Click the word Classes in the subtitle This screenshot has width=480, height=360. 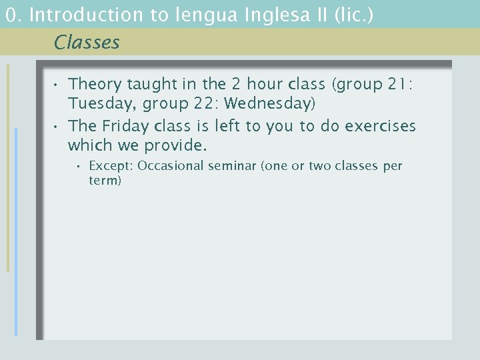[x=87, y=43]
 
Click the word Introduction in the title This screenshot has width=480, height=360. [x=87, y=15]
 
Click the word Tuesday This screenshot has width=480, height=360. [x=99, y=104]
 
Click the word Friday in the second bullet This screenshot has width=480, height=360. [x=125, y=126]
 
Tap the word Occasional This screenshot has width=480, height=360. [x=170, y=166]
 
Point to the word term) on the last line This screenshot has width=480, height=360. [x=105, y=181]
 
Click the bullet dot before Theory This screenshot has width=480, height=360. [x=58, y=85]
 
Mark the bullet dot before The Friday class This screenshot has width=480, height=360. [x=58, y=127]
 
